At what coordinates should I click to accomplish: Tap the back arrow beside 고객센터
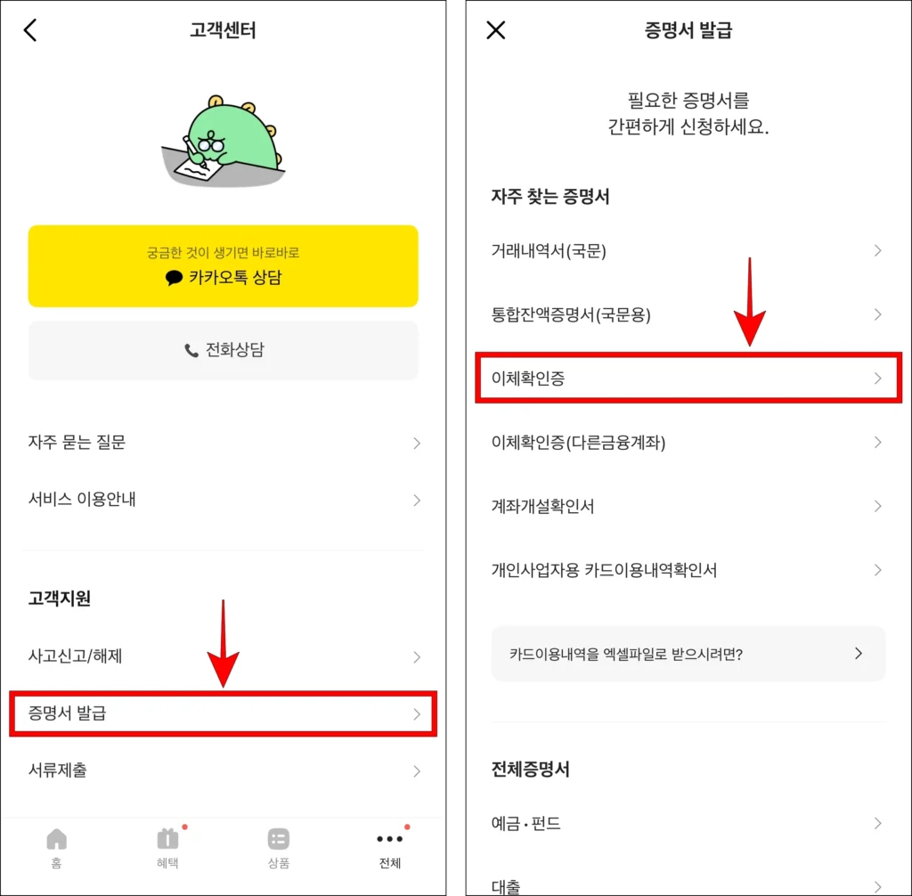coord(30,29)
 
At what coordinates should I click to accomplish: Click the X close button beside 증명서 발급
coord(495,29)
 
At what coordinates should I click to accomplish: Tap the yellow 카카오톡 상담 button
coord(223,266)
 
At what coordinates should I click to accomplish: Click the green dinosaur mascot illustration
coord(224,142)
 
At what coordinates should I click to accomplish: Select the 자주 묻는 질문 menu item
coord(224,443)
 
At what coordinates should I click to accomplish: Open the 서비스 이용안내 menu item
coord(224,500)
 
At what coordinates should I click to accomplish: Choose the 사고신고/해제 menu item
coord(224,656)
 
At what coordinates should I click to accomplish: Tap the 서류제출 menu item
coord(224,770)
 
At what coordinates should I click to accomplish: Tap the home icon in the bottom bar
coord(56,839)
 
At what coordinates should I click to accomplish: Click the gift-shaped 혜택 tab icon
coord(167,839)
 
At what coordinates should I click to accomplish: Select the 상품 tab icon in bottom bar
coord(279,839)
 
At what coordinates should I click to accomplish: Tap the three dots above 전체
coord(389,839)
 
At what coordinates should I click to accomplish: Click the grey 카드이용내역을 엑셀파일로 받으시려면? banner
coord(688,654)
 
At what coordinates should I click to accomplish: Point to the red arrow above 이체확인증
coord(750,302)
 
